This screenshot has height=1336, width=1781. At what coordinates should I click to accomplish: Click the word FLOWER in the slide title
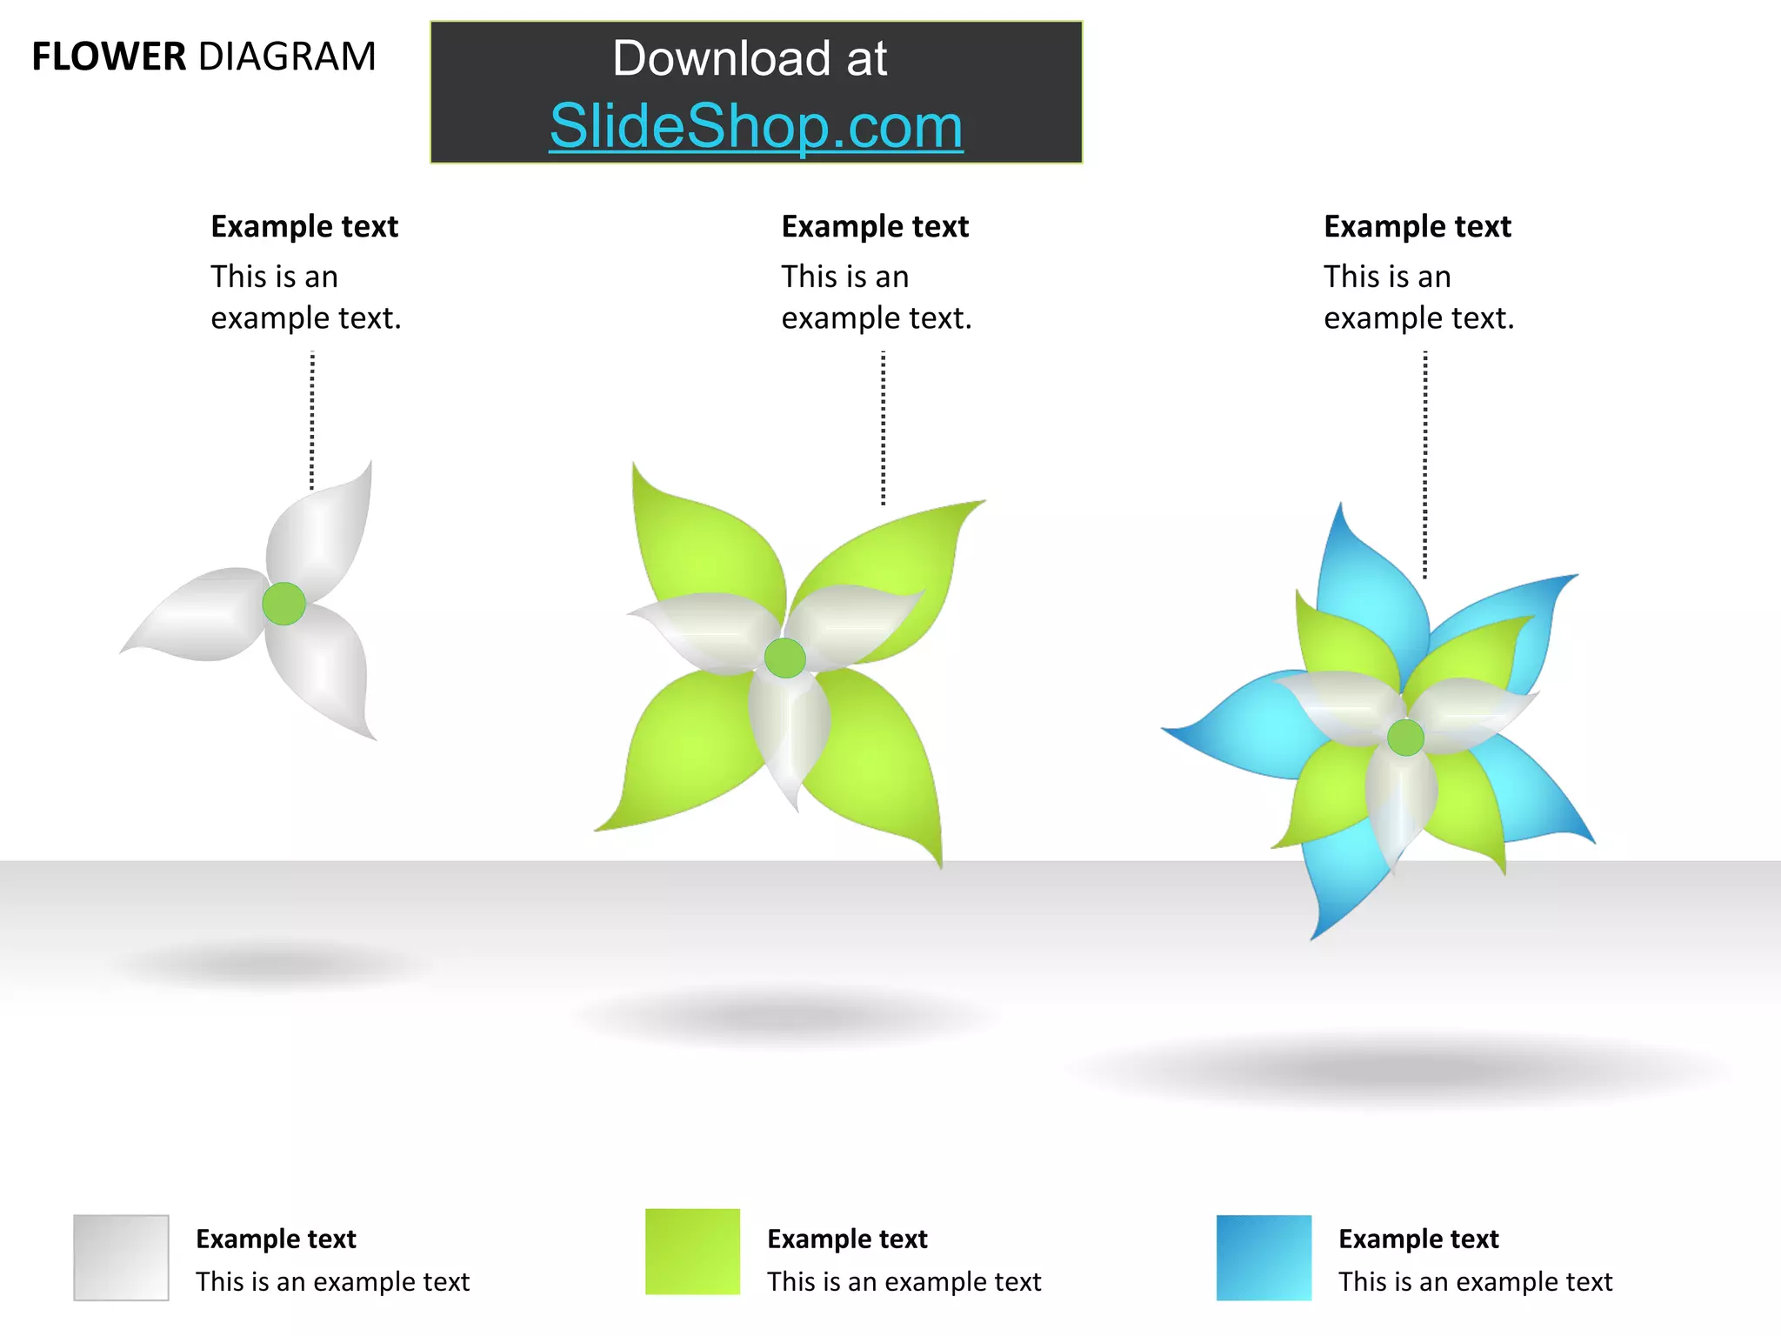pyautogui.click(x=109, y=57)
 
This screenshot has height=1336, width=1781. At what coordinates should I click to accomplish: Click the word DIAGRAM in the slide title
pyautogui.click(x=287, y=57)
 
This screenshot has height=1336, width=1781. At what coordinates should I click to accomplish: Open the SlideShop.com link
pyautogui.click(x=756, y=127)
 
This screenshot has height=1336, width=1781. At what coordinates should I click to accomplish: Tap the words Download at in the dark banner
pyautogui.click(x=750, y=59)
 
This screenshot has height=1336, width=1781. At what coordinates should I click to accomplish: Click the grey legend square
pyautogui.click(x=121, y=1257)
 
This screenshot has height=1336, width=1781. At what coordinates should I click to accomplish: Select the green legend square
pyautogui.click(x=692, y=1252)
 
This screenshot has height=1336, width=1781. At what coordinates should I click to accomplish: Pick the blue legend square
pyautogui.click(x=1264, y=1257)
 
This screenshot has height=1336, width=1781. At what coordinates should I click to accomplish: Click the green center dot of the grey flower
pyautogui.click(x=283, y=604)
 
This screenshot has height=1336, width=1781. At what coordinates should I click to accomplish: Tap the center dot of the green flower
pyautogui.click(x=784, y=658)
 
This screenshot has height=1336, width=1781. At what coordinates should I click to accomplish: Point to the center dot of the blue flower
pyautogui.click(x=1405, y=738)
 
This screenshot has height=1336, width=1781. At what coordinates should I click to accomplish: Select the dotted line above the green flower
pyautogui.click(x=883, y=427)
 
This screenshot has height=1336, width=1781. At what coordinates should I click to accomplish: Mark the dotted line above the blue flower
pyautogui.click(x=1424, y=464)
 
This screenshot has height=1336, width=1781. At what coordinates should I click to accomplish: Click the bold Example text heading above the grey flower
pyautogui.click(x=304, y=227)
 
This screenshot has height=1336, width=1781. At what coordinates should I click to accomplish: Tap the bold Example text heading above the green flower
pyautogui.click(x=875, y=227)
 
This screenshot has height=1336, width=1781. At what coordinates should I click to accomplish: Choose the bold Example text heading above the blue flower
pyautogui.click(x=1417, y=227)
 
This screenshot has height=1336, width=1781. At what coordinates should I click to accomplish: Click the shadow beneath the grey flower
pyautogui.click(x=270, y=965)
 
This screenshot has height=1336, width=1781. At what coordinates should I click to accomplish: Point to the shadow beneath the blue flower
pyautogui.click(x=1400, y=1069)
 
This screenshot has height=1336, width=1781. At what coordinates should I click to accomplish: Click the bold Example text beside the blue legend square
pyautogui.click(x=1418, y=1239)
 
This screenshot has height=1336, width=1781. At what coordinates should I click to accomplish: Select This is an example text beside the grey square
pyautogui.click(x=332, y=1282)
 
